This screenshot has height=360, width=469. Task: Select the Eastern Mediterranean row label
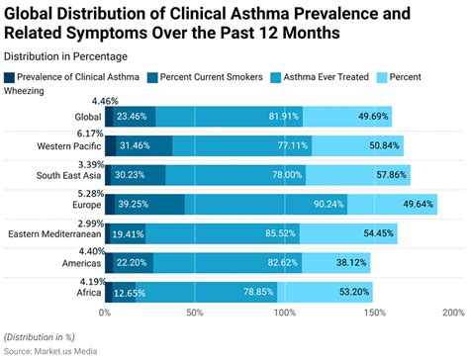click(53, 234)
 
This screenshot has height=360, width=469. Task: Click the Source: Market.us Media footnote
click(55, 350)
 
